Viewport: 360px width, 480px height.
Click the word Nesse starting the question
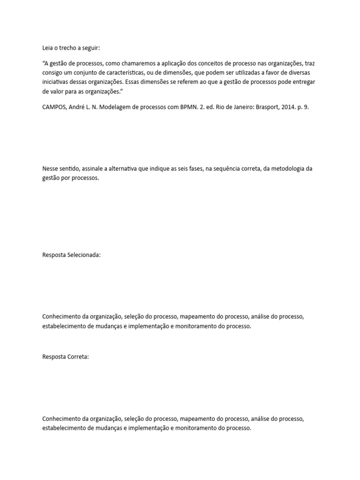coord(51,169)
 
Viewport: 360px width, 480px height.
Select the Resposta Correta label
coord(65,357)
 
